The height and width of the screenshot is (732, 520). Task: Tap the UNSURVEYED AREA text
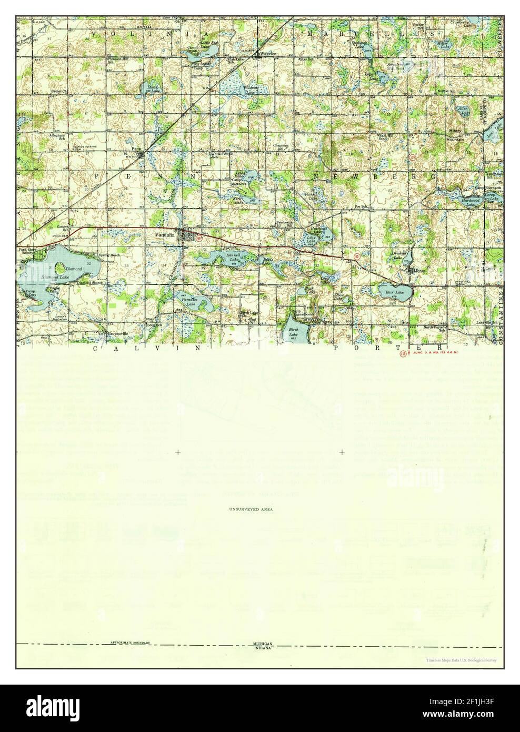click(x=251, y=509)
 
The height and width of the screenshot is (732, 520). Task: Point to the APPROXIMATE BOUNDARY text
click(x=130, y=643)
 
